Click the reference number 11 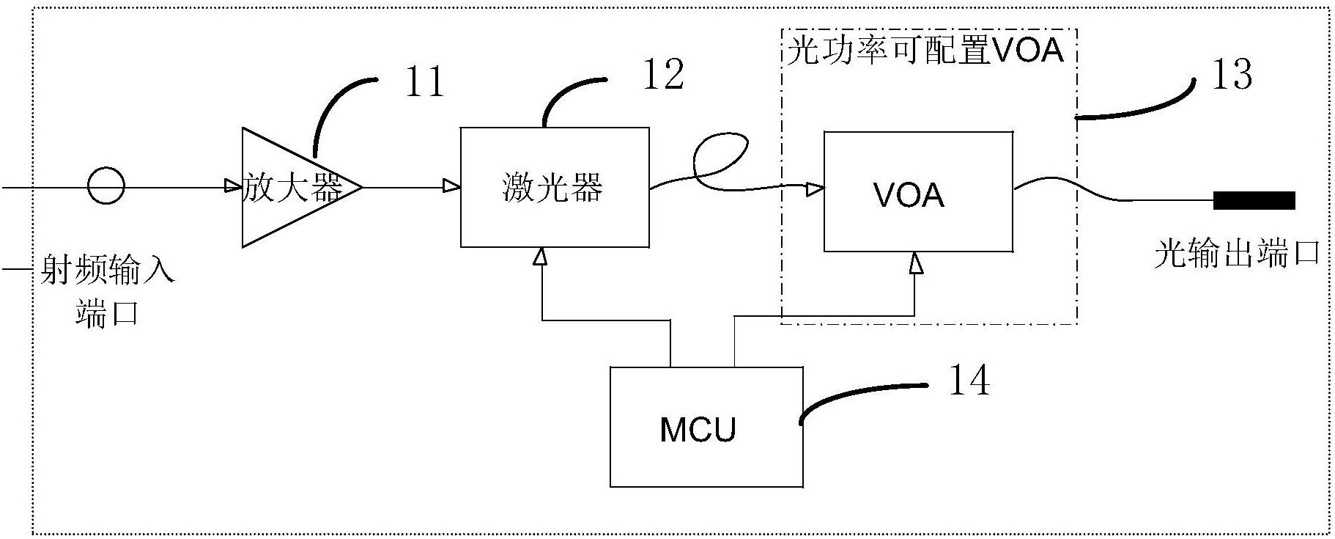[424, 81]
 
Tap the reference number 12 [662, 75]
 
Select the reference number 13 [1231, 75]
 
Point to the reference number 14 [969, 381]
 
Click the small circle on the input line [106, 187]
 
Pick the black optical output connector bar [1254, 200]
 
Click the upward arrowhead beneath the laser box [541, 257]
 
